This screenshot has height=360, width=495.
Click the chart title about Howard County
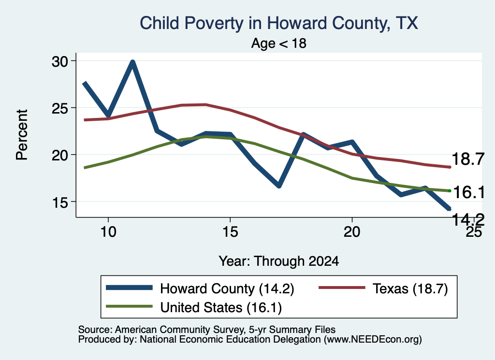(279, 24)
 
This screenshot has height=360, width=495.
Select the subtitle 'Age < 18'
(279, 43)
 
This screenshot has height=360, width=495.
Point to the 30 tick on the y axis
(60, 61)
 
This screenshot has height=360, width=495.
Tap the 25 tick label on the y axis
(60, 108)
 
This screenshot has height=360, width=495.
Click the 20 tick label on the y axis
(60, 155)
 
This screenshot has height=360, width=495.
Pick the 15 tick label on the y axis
(60, 202)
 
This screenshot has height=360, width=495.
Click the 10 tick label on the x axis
(108, 232)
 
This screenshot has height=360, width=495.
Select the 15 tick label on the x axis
(230, 232)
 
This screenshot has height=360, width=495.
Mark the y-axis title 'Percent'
(22, 135)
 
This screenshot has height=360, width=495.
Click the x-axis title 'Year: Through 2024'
(279, 261)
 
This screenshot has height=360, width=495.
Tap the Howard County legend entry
(200, 288)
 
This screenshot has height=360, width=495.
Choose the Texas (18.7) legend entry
(383, 288)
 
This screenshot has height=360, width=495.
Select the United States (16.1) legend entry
(194, 307)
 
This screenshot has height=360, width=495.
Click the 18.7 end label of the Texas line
(468, 158)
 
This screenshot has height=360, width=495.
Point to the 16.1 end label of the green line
(468, 192)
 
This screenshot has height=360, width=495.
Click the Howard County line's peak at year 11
(132, 62)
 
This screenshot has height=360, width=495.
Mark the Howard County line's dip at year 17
(279, 186)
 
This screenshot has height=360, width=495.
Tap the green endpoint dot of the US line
(450, 191)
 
